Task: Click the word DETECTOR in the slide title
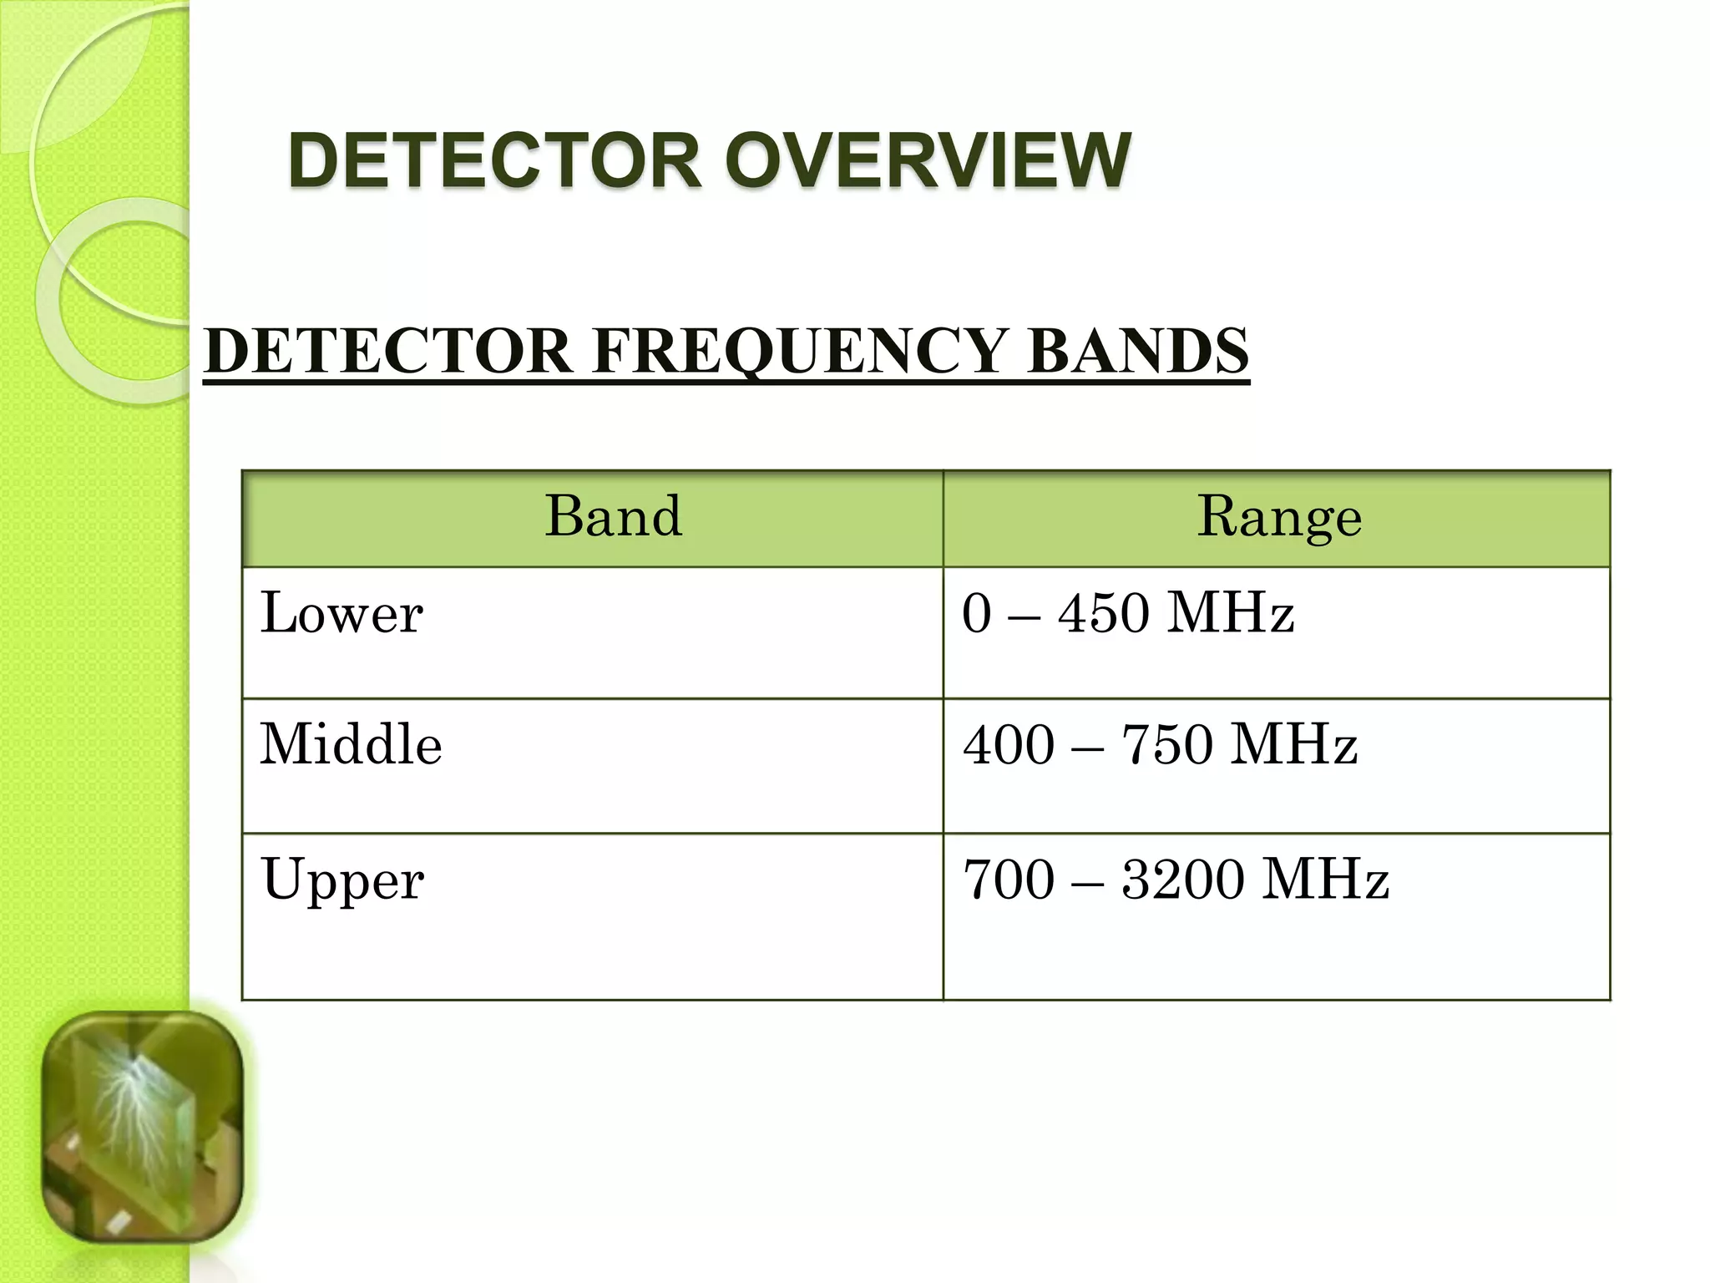click(494, 161)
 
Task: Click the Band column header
click(614, 516)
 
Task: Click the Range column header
click(1279, 516)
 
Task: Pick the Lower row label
click(341, 613)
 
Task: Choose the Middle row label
click(351, 744)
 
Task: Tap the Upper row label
click(342, 880)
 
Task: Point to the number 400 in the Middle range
click(1009, 744)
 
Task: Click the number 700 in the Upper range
click(1009, 880)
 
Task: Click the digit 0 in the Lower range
click(976, 613)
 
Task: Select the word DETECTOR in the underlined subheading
click(387, 352)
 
